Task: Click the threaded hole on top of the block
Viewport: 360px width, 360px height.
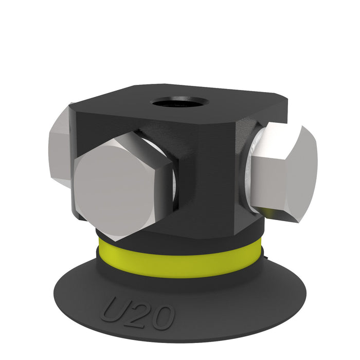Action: tap(181, 103)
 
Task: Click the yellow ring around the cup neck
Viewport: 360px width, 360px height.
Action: tap(179, 259)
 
